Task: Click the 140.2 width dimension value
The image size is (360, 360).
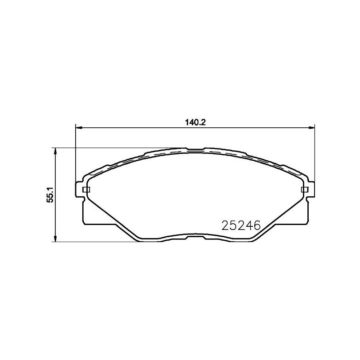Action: point(195,121)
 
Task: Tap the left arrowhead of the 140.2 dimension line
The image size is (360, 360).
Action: point(77,127)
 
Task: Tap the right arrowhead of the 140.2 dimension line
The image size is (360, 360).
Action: point(311,127)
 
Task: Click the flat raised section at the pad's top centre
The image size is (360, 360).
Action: point(195,149)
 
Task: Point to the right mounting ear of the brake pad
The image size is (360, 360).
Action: point(310,189)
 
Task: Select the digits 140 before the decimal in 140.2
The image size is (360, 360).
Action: point(191,121)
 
